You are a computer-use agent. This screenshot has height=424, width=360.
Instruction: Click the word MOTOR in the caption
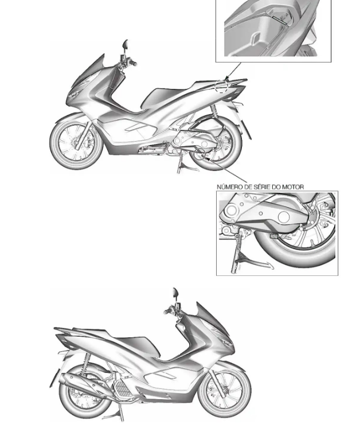click(x=293, y=187)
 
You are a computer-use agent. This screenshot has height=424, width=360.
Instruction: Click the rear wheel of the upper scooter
click(x=216, y=143)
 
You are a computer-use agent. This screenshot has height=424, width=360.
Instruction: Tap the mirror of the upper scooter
click(x=126, y=44)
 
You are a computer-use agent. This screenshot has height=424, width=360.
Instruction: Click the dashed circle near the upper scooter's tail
click(x=221, y=87)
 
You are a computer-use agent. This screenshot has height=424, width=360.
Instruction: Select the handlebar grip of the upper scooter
click(x=133, y=64)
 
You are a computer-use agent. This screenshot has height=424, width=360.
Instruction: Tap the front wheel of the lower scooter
click(x=225, y=391)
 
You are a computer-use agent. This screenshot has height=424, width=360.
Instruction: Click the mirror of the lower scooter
click(x=175, y=293)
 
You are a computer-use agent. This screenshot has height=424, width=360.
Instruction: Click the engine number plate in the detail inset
click(x=274, y=236)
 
